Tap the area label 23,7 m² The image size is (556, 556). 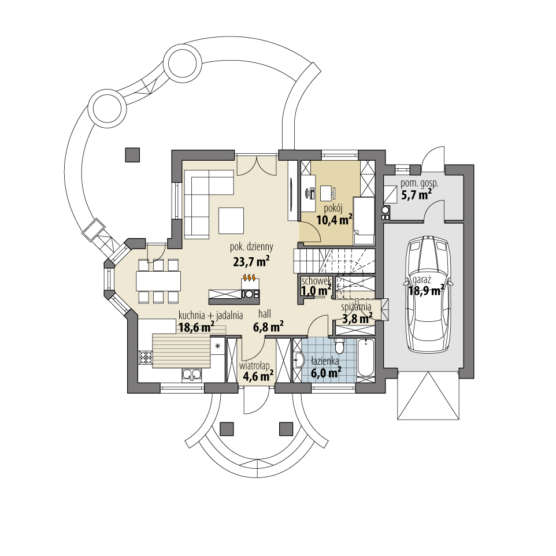coord(251,261)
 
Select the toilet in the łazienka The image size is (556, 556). coord(340,346)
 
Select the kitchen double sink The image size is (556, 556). coord(191,375)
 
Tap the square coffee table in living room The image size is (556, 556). coord(231,220)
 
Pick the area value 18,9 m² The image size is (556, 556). coord(427,290)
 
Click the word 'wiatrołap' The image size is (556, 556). coord(254,365)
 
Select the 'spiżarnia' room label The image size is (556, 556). coord(356,308)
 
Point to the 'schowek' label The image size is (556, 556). coord(315,280)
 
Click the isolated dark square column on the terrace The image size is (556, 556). coord(132,154)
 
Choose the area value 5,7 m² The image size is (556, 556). coord(416,195)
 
